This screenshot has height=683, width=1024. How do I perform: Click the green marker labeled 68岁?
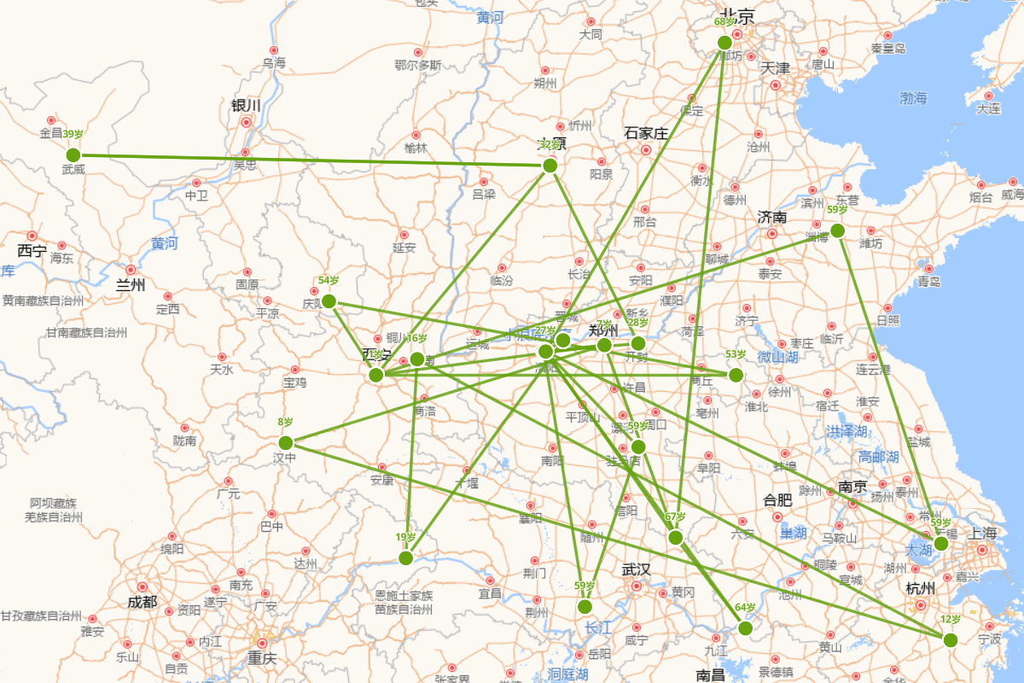[x=724, y=43]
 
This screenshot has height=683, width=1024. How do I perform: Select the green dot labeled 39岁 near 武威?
[x=73, y=155]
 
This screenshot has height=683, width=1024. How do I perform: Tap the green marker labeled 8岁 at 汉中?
[x=286, y=442]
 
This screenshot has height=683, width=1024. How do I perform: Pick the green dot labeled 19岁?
[x=406, y=557]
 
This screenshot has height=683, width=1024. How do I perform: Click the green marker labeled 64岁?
[x=745, y=628]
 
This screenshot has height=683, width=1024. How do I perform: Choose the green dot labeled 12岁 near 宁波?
[x=951, y=639]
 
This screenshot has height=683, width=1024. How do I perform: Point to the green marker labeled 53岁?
[x=736, y=375]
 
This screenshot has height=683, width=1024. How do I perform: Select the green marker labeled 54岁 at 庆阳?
[x=329, y=301]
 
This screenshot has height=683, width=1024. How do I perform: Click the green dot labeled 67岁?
[x=675, y=537]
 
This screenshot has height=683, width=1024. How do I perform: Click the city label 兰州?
[x=131, y=285]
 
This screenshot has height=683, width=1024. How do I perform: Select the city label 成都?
[x=143, y=602]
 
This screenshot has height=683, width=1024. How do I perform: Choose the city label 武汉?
[x=636, y=569]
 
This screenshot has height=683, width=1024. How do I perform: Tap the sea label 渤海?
[x=913, y=98]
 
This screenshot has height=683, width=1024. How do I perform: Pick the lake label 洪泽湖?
[x=844, y=432]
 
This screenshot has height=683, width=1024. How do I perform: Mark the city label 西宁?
[x=32, y=250]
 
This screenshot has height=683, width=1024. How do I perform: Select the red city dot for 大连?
[x=989, y=96]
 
